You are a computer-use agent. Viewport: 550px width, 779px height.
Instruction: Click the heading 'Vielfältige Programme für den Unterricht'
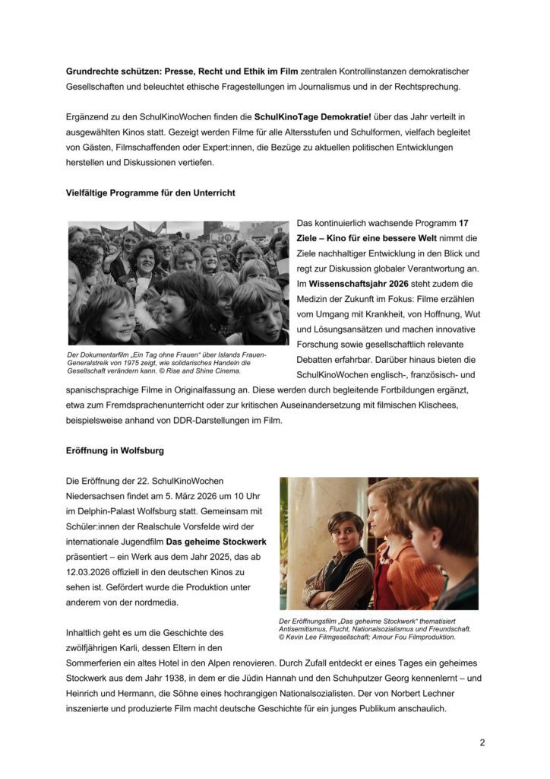150,193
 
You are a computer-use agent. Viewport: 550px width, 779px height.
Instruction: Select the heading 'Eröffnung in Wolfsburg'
115,450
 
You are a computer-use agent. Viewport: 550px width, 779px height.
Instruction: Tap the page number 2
482,742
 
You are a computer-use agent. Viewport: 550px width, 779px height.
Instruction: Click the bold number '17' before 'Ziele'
463,224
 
